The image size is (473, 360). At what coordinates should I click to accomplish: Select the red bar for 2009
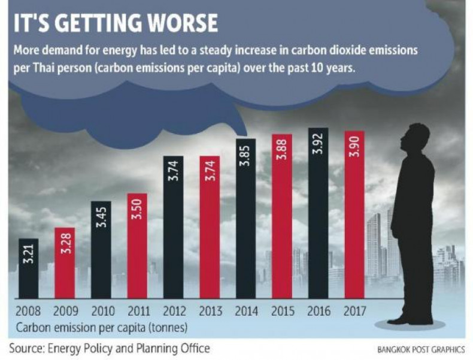point(65,264)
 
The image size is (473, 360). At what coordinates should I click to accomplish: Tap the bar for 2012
point(173,228)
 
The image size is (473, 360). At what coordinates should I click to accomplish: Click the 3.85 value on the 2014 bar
point(245,155)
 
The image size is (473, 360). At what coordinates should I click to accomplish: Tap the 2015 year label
point(282,311)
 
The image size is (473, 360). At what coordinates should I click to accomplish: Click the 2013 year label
point(210,311)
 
